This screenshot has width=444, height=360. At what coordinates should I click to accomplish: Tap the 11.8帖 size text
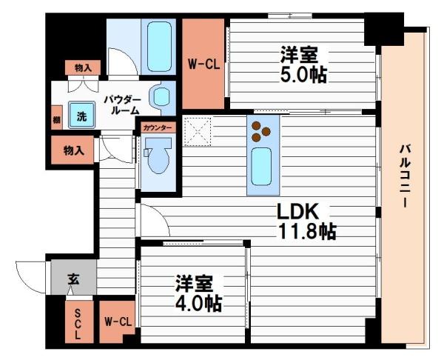tap(306, 230)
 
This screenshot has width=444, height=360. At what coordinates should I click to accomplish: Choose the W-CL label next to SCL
tap(118, 321)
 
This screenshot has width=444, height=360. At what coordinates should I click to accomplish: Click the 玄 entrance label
tap(73, 279)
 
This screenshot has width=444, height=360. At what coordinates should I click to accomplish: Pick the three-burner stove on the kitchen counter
tap(261, 130)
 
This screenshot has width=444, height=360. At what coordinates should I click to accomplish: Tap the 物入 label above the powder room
tap(83, 67)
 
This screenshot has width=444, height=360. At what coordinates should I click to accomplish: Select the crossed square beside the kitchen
tap(198, 131)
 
